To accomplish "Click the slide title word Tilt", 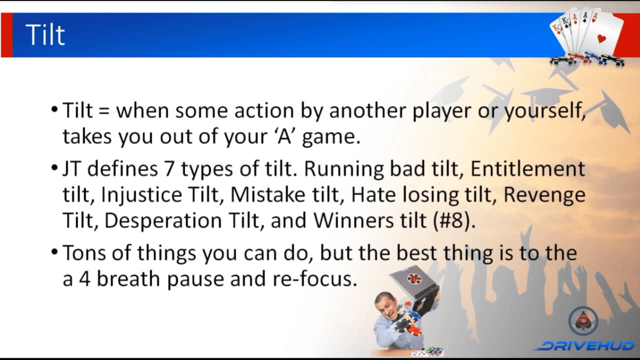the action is click(45, 35).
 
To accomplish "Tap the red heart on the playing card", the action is click(601, 39).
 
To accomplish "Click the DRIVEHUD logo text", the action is click(584, 345).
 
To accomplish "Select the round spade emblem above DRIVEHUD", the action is click(583, 321).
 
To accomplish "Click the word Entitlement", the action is click(528, 169).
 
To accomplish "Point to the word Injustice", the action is click(141, 195).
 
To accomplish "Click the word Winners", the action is click(353, 220).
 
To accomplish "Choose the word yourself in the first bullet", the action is click(545, 111).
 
